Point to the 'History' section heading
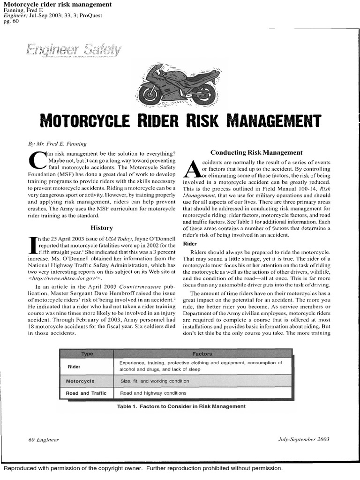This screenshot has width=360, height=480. (101, 228)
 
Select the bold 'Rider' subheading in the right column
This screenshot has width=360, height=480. (189, 244)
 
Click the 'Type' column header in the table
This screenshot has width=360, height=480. (87, 354)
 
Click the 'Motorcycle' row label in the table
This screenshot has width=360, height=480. (80, 381)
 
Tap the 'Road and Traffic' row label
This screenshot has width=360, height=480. (86, 393)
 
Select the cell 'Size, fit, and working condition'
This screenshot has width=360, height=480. (155, 381)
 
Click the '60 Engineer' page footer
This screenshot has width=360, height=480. (44, 440)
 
